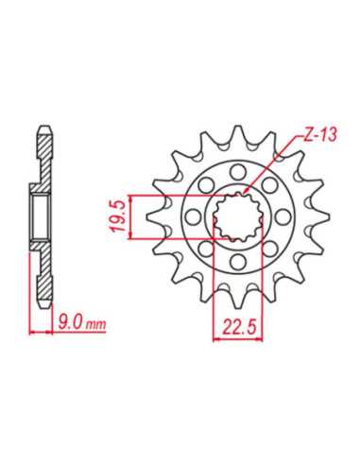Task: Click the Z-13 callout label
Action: coord(320,135)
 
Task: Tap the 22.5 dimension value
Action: coord(238,327)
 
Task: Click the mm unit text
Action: coord(95,325)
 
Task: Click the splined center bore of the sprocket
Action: coord(238,216)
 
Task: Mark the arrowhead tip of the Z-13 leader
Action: coord(244,194)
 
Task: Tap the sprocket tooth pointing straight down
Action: coord(238,299)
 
